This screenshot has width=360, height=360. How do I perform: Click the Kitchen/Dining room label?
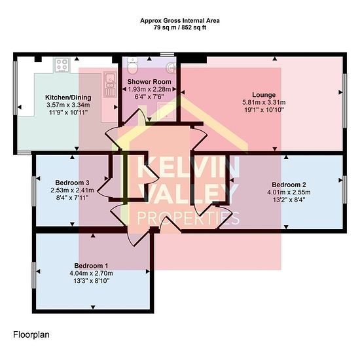68,98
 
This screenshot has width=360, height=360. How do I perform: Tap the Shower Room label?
149,82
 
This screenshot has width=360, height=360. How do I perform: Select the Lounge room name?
264,95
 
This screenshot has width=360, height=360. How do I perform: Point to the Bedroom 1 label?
91,266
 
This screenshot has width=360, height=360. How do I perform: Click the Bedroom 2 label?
289,185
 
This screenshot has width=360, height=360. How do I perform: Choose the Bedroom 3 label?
72,183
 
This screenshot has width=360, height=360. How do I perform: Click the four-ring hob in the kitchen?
62,65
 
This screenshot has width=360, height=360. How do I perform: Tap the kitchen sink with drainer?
110,84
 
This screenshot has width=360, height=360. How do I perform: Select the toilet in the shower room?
132,65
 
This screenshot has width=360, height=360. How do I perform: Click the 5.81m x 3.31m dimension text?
264,102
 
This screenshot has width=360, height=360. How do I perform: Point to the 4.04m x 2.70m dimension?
91,273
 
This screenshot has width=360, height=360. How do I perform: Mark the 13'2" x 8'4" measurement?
289,200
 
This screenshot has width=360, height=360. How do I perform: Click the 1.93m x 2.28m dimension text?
149,89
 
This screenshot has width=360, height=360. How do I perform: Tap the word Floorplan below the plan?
31,334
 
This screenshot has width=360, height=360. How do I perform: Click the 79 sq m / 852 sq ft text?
180,27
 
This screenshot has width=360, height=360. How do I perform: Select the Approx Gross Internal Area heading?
180,21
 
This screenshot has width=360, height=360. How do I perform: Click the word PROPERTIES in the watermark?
189,218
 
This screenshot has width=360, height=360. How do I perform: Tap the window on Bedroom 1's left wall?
34,275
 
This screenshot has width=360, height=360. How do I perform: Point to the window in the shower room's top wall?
167,54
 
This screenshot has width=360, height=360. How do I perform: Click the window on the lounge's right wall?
344,101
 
